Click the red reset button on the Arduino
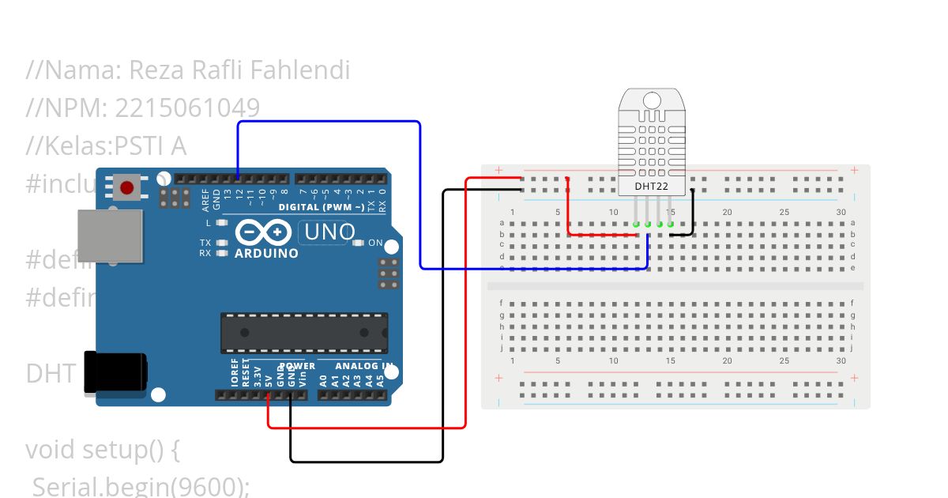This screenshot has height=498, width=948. coord(126,188)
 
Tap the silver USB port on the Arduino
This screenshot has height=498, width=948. coord(110,236)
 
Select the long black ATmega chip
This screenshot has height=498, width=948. coord(304,333)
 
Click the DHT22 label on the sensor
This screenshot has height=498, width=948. coord(652,187)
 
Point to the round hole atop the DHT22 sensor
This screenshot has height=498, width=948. coord(652,100)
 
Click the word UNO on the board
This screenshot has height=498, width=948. coord(330,233)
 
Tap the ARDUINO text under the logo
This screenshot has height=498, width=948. coord(266,254)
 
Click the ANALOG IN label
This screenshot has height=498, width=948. coord(364,366)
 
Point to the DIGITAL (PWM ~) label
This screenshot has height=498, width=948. coord(322,207)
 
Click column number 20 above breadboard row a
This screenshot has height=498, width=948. coord(727,212)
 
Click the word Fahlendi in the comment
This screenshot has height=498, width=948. coord(300,71)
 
